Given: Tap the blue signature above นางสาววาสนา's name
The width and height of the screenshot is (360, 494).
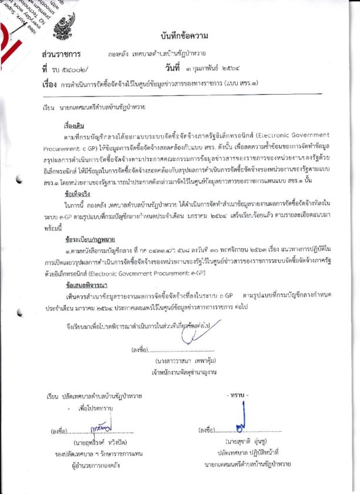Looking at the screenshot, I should (x=195, y=333).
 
